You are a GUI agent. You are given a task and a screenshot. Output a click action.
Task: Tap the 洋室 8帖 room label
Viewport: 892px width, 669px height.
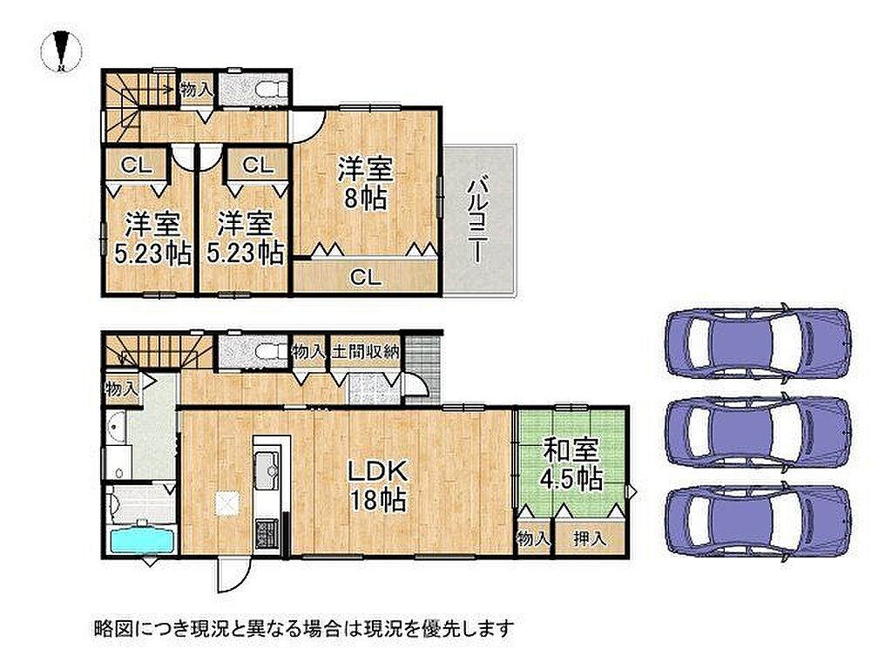click(x=365, y=183)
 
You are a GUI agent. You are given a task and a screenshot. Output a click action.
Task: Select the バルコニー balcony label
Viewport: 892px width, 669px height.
click(x=476, y=221)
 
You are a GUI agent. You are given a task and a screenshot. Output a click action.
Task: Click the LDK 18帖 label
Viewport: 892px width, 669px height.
click(x=377, y=485)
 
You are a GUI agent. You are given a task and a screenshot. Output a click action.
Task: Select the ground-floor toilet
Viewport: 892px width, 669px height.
click(x=270, y=351)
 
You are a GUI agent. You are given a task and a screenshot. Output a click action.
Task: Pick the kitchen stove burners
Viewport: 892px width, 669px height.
click(x=266, y=534)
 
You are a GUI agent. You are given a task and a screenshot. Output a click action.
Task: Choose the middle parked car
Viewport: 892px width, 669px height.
click(x=759, y=430)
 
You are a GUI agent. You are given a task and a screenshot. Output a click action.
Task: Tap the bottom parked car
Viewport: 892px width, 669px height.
click(x=759, y=519)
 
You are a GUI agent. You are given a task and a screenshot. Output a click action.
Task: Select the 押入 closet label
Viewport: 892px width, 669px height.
click(x=590, y=537)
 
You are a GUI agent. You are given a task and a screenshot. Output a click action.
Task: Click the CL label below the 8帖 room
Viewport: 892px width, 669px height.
click(x=365, y=278)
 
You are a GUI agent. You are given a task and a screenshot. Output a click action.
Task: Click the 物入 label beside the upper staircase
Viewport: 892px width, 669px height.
click(x=197, y=90)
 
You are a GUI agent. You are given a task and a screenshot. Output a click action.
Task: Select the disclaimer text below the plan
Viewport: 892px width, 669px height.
click(x=303, y=628)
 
